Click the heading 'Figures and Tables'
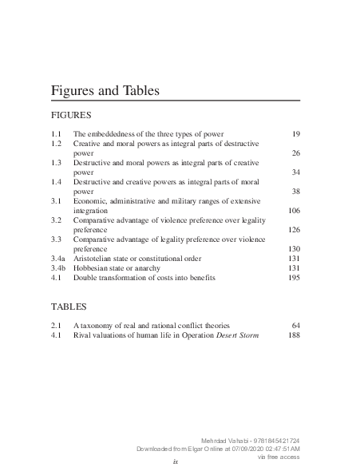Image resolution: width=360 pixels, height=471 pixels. pos(105,91)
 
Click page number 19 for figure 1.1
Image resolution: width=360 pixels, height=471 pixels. pos(295,133)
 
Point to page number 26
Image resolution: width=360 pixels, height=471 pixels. pos(295,152)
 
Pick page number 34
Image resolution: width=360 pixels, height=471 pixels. pos(295,172)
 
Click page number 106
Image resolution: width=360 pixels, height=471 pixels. pos(293,211)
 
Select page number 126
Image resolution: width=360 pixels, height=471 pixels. pos(293,230)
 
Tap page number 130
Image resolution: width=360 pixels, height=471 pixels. pos(293,249)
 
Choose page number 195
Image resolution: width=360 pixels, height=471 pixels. pos(293,278)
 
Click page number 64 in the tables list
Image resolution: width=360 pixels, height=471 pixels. pos(295,326)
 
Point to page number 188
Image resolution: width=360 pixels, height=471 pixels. pos(293,335)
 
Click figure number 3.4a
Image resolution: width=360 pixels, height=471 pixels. pos(58,259)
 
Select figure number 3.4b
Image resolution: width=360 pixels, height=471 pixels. pos(58,268)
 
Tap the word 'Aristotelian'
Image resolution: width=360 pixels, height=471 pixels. pos(96,259)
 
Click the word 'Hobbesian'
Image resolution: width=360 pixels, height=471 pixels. pos(92,268)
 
